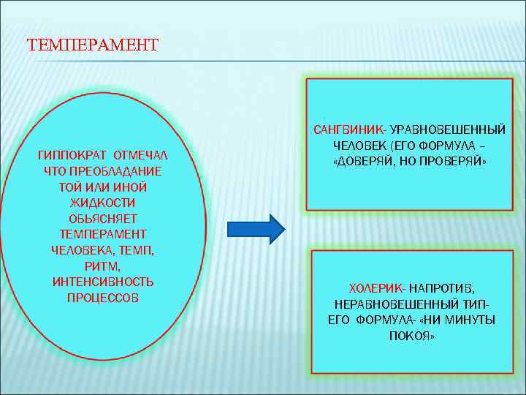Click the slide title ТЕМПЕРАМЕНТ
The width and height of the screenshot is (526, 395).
tap(92, 45)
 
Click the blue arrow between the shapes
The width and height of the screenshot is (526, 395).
tap(255, 229)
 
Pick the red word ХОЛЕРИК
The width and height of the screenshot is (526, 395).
tap(378, 288)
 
